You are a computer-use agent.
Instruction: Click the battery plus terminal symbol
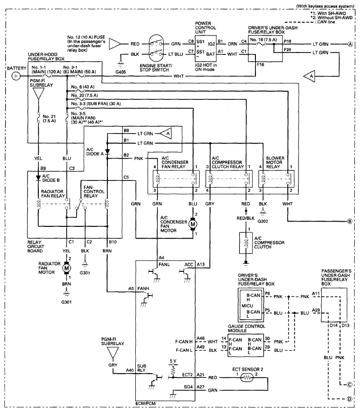point(16,76)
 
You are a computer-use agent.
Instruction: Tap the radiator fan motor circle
point(66,268)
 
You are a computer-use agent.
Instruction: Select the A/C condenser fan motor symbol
point(193,224)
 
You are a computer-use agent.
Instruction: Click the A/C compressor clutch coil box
point(246,243)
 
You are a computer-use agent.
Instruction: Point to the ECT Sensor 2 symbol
point(246,378)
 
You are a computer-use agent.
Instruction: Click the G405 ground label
point(121,72)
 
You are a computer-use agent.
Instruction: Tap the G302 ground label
point(263,221)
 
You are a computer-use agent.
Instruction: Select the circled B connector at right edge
point(350,221)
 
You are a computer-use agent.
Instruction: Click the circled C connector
point(350,385)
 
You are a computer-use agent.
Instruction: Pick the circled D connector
point(350,399)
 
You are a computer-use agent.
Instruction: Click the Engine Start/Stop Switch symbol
point(156,49)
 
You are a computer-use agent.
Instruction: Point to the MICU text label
point(247,305)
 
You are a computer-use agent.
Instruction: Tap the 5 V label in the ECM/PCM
point(173,361)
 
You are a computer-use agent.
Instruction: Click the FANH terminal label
point(143,288)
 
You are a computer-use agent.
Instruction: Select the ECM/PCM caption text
point(145,403)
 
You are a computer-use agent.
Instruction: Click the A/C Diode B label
point(51,178)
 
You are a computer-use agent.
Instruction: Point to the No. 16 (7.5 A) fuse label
point(263,39)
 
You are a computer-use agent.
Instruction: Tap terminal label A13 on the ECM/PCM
point(201,264)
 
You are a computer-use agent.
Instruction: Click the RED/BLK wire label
point(246,218)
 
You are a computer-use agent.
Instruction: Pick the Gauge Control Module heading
point(246,328)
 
